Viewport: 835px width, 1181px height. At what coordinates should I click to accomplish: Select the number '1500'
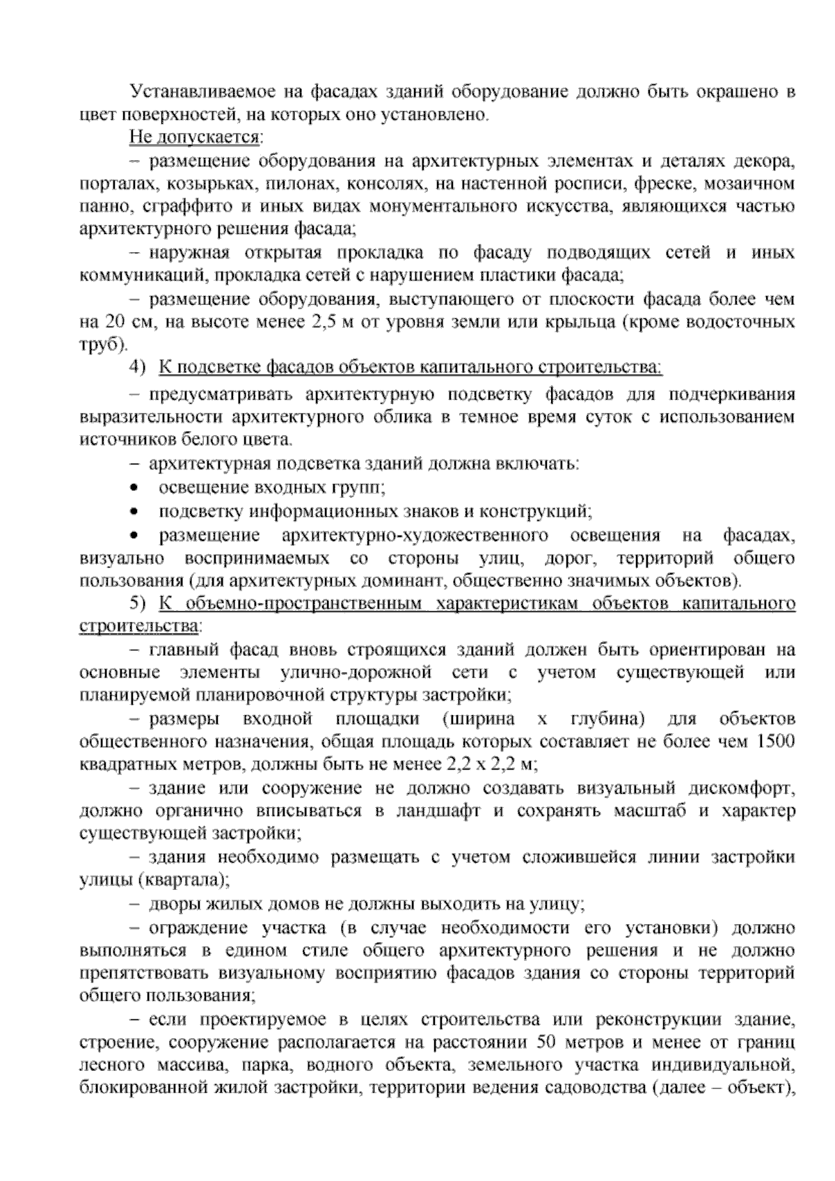click(x=774, y=741)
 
